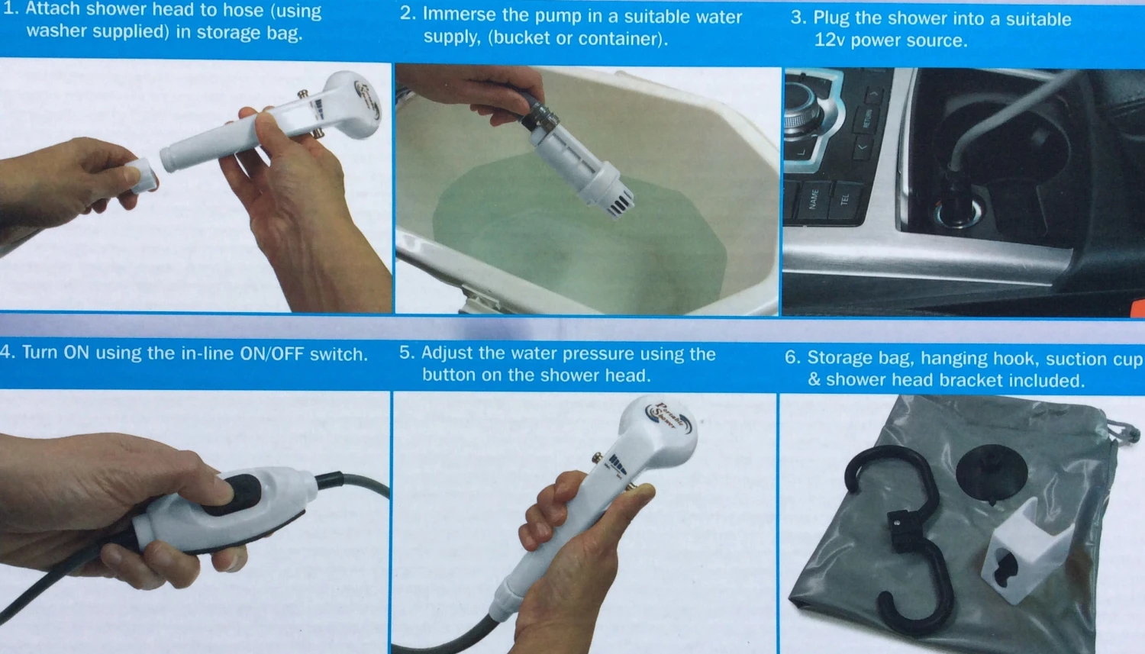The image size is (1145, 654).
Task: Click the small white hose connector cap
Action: (141, 176)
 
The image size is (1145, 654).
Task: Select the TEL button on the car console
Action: (845, 198)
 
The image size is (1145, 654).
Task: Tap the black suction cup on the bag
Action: (991, 472)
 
